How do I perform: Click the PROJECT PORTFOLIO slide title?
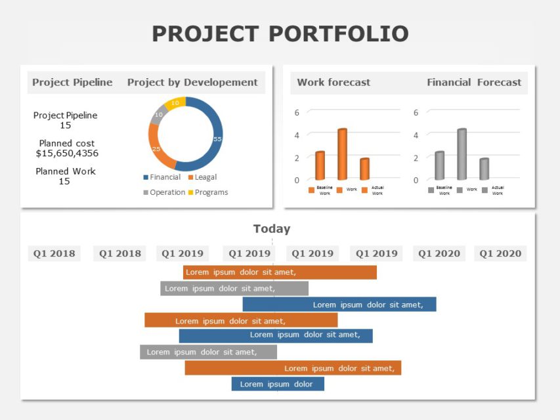(x=280, y=33)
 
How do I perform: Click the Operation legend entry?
(x=164, y=192)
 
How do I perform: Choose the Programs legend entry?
(x=208, y=192)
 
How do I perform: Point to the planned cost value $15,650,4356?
(x=67, y=153)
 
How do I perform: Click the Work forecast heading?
(x=334, y=82)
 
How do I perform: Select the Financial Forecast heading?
(x=473, y=82)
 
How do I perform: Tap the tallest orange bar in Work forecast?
(x=342, y=155)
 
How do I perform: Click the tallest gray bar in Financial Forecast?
(x=462, y=155)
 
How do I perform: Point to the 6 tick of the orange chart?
(x=297, y=112)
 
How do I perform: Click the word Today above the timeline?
(x=272, y=229)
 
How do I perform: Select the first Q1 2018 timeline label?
(x=54, y=253)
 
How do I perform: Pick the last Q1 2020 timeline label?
(x=500, y=253)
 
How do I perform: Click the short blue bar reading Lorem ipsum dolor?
(x=277, y=384)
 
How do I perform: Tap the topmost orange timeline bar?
(x=280, y=272)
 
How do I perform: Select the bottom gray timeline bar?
(x=208, y=352)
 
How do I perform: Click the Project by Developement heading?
(x=192, y=82)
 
